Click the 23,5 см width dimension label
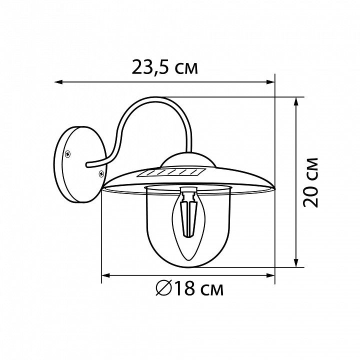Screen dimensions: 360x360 pyautogui.click(x=164, y=67)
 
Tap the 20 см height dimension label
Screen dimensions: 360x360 pyautogui.click(x=310, y=182)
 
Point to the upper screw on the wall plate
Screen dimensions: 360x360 pyautogui.click(x=67, y=154)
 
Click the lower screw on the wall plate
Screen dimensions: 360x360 pyautogui.click(x=101, y=173)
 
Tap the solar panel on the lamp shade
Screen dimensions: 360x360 pyautogui.click(x=171, y=172)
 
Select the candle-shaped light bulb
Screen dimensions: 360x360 pyautogui.click(x=188, y=224)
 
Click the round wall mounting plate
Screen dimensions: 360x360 pyautogui.click(x=80, y=164)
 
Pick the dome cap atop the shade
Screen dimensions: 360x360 pyautogui.click(x=188, y=159)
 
